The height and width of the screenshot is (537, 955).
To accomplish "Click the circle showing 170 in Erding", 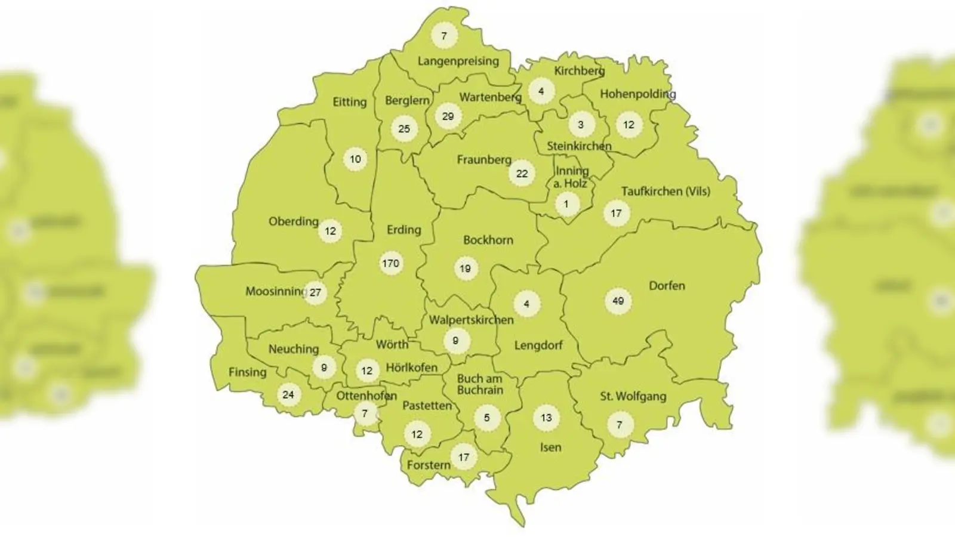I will click(390, 263).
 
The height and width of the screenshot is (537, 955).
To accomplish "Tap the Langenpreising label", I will click(458, 61).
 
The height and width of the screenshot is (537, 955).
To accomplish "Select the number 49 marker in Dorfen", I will click(618, 301).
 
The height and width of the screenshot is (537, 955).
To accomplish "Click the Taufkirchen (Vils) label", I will click(666, 192).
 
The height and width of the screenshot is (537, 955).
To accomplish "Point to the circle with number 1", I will click(566, 205).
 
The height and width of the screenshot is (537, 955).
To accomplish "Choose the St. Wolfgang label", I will click(633, 396).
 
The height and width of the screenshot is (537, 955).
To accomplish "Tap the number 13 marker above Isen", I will click(546, 418).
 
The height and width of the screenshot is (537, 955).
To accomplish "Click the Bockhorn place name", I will click(488, 240).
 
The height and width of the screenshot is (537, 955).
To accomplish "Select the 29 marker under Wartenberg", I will click(448, 116).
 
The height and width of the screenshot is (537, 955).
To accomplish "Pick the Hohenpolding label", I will click(637, 94).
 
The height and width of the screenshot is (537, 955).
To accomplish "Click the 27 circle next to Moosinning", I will click(315, 292).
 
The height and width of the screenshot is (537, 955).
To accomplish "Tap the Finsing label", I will click(247, 372).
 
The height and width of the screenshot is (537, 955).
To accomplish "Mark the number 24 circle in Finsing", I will click(288, 394).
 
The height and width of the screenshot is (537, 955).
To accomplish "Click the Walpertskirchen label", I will click(471, 320).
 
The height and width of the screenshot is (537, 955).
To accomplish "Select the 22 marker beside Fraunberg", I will click(522, 174).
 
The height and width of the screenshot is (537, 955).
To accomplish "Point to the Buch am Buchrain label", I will click(480, 384).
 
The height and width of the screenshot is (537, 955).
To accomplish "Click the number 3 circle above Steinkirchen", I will click(580, 125).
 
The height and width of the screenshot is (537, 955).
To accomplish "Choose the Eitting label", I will click(349, 102).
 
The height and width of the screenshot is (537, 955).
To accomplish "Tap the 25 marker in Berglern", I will click(404, 128).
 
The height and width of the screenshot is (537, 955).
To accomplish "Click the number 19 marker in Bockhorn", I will click(465, 268).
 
